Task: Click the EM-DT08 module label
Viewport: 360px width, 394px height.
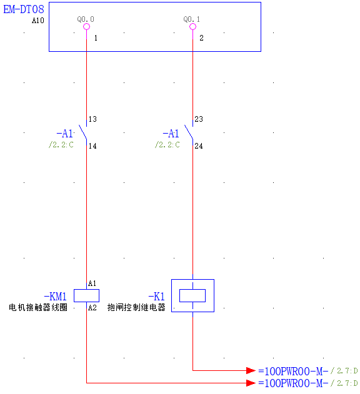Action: click(24, 10)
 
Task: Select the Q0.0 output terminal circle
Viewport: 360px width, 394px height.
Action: click(86, 27)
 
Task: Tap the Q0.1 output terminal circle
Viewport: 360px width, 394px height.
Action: click(192, 27)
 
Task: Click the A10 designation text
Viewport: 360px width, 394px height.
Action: click(38, 21)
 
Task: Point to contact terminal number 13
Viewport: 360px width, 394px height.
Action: click(93, 119)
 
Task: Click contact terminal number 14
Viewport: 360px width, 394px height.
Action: click(93, 146)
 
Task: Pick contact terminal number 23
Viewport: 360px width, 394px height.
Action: click(199, 119)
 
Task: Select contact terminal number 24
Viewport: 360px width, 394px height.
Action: click(199, 146)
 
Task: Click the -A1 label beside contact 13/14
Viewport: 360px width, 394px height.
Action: click(65, 134)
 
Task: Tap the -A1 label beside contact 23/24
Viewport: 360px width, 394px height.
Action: click(171, 134)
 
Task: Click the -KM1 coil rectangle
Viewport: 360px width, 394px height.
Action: click(86, 295)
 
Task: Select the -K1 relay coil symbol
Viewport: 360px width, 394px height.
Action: click(192, 295)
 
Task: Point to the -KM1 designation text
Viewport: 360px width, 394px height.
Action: click(55, 297)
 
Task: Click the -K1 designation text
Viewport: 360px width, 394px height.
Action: click(156, 297)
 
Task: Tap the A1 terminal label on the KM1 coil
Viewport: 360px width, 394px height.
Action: click(92, 283)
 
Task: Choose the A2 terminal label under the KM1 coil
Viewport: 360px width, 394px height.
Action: click(92, 308)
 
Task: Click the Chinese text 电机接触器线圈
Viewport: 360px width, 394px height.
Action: click(37, 308)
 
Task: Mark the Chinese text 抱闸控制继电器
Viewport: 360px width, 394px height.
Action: click(136, 308)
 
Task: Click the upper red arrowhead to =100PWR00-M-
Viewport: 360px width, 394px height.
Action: click(251, 370)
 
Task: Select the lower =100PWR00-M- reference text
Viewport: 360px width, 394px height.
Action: click(293, 383)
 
